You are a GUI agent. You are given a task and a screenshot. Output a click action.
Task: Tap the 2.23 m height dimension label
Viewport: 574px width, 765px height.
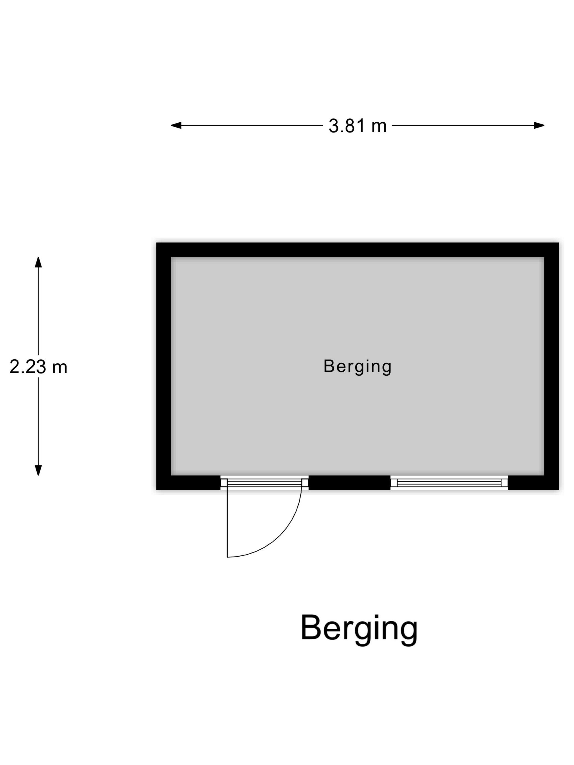point(38,367)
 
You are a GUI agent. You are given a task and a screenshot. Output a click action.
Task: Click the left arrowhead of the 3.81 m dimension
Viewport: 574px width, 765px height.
point(176,125)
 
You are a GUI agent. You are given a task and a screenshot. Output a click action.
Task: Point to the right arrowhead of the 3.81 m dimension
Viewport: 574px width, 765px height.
point(539,125)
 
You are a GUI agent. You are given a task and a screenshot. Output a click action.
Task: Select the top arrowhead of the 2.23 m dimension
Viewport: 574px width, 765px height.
point(38,262)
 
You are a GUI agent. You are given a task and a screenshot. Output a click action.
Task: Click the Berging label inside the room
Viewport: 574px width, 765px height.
point(358,367)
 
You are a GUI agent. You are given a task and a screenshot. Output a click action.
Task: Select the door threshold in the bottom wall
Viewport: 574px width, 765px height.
point(264,482)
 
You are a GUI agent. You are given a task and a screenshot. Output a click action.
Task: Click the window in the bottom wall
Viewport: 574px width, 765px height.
point(449,482)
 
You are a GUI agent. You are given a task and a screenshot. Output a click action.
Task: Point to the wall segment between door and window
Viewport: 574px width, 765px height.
point(349,482)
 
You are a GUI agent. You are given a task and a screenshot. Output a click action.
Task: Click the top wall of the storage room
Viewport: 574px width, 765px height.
point(358,250)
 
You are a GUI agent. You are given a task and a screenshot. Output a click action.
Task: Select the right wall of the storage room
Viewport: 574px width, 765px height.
point(552,366)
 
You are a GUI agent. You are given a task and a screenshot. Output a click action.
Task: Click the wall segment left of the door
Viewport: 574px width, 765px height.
point(189,482)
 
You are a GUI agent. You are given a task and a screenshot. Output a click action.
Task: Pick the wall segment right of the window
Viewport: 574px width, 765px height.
point(533,482)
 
